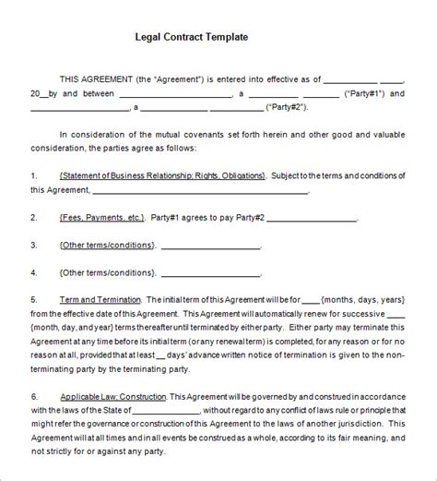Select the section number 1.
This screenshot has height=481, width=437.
[34, 174]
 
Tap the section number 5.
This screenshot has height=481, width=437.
[34, 300]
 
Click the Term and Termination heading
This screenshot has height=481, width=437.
[99, 300]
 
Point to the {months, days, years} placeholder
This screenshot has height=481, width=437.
[363, 300]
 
